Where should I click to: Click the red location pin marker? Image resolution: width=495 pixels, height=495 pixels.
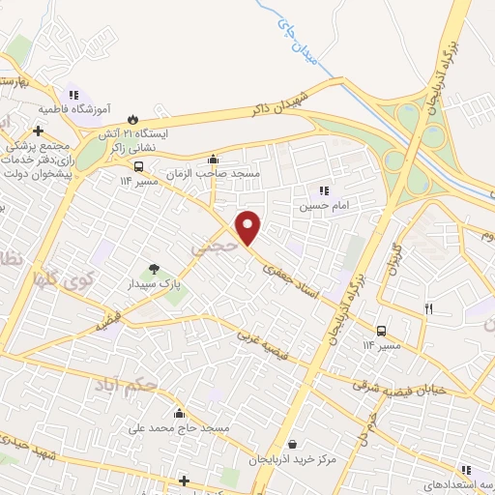(x=249, y=227)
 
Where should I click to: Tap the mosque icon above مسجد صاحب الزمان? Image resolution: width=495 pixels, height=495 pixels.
(x=213, y=160)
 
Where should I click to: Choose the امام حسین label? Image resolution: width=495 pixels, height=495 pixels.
(x=319, y=205)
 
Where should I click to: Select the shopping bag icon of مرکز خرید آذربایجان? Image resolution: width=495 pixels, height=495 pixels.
(x=292, y=445)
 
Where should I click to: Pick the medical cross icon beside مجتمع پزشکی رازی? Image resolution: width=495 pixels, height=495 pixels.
(x=38, y=131)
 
